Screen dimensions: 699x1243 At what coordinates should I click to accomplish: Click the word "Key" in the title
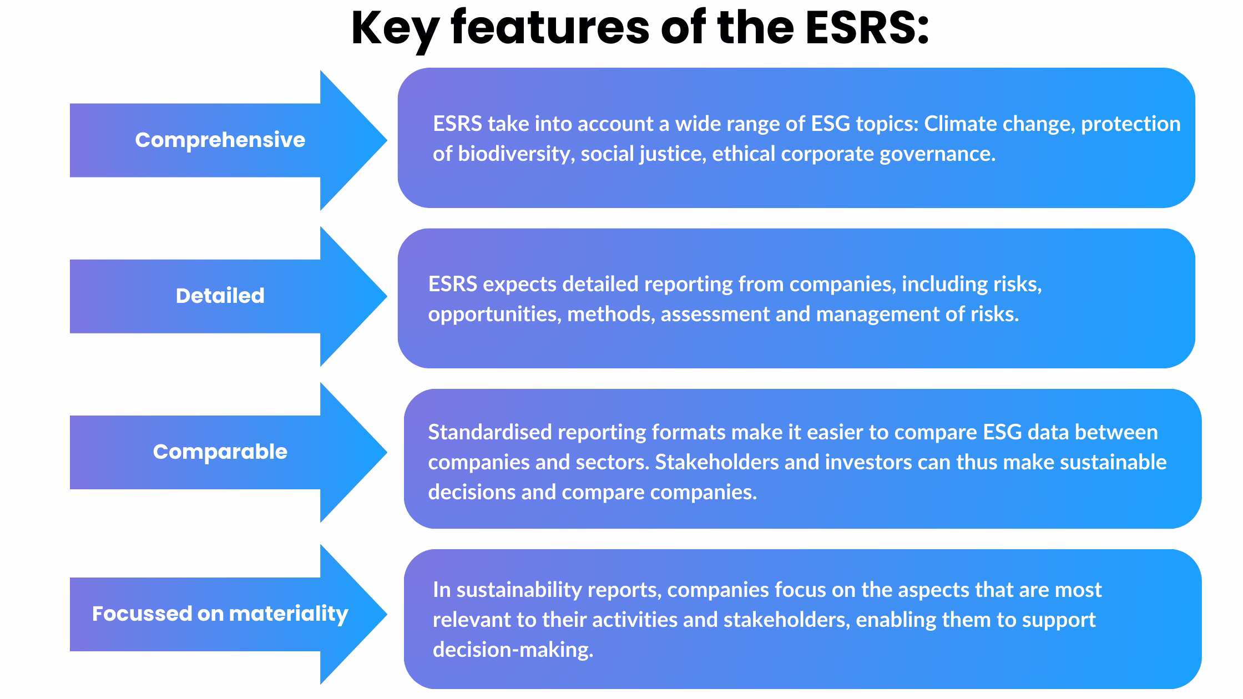pos(395,29)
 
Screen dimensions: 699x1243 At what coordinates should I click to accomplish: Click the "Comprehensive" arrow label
pos(220,140)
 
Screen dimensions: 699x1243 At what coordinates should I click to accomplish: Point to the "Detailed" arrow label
pos(220,296)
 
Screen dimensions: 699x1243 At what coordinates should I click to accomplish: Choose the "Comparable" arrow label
pos(220,452)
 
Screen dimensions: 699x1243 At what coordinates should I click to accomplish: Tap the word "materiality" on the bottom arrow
pos(289,614)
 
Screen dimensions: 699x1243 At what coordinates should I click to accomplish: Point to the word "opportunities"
pos(494,315)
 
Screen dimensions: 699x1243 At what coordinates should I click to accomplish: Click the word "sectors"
pos(613,462)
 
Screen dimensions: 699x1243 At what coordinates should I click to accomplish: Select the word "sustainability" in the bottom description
pos(518,590)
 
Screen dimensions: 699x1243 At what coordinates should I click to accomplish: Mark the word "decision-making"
pos(513,650)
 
